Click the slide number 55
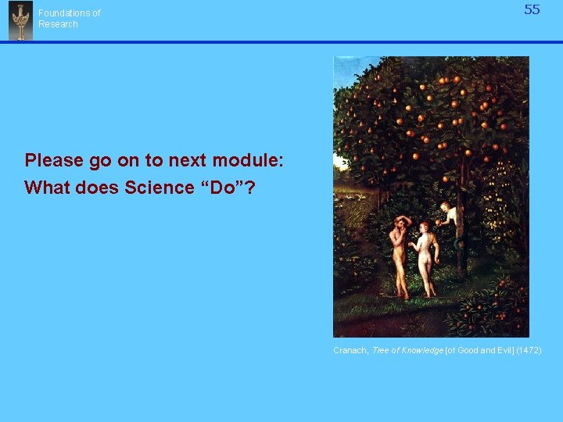(532, 10)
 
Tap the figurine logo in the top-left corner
(20, 20)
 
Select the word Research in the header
(59, 24)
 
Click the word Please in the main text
(54, 160)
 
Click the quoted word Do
(232, 188)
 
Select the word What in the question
(45, 188)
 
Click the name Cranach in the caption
(350, 351)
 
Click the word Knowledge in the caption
(421, 351)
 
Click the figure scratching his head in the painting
(399, 254)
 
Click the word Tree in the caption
(379, 351)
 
